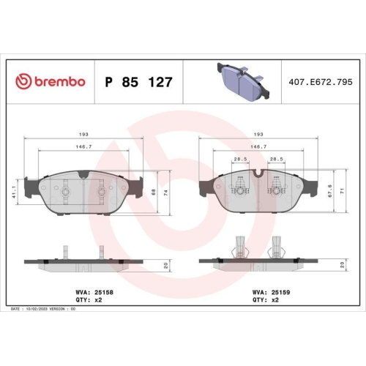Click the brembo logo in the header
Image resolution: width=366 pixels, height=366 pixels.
(x=51, y=81)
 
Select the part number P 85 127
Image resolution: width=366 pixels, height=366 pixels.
(x=138, y=82)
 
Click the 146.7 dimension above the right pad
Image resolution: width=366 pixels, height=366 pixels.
(x=257, y=146)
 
